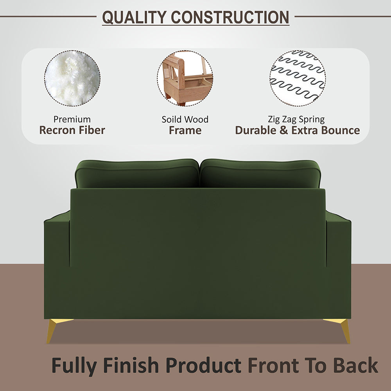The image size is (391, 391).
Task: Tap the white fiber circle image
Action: point(72,78)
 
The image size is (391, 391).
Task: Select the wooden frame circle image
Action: point(185,78)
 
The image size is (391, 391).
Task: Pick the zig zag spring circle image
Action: point(298,78)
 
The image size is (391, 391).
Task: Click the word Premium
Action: point(72,119)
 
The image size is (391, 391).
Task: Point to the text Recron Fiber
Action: point(72,130)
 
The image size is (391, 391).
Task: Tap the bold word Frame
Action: point(185,130)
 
